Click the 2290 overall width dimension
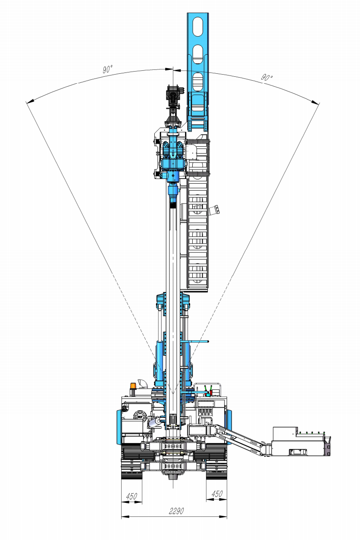tap(176, 511)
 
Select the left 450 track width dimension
tap(131, 496)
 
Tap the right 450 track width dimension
tap(216, 494)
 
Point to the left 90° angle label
tap(107, 69)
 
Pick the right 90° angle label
tap(267, 77)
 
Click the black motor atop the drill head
tap(173, 97)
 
